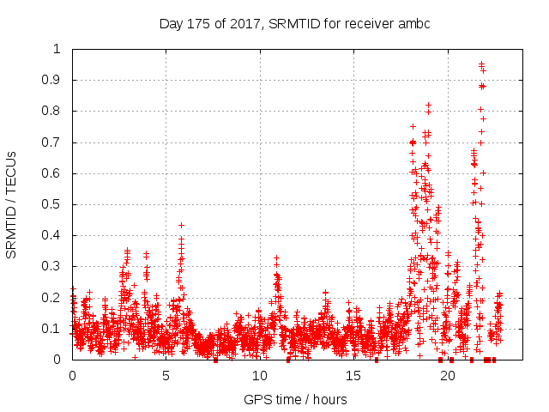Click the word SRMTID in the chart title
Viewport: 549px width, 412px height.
pyautogui.click(x=292, y=23)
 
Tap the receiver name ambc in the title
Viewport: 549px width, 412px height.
pyautogui.click(x=412, y=23)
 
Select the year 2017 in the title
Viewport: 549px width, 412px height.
pyautogui.click(x=246, y=23)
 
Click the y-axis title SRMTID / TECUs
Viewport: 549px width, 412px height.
pyautogui.click(x=11, y=204)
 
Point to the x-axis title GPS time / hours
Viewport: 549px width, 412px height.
pyautogui.click(x=295, y=399)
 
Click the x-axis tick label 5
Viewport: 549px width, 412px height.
pyautogui.click(x=166, y=376)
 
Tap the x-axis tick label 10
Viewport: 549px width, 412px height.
pyautogui.click(x=260, y=376)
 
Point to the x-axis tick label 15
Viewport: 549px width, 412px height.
pyautogui.click(x=353, y=376)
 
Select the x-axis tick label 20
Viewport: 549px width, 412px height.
pyautogui.click(x=447, y=376)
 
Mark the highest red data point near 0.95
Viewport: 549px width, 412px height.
pyautogui.click(x=481, y=64)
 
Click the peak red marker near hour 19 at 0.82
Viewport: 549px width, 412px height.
pyautogui.click(x=428, y=105)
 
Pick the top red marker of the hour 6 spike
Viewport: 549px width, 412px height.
pyautogui.click(x=181, y=225)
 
